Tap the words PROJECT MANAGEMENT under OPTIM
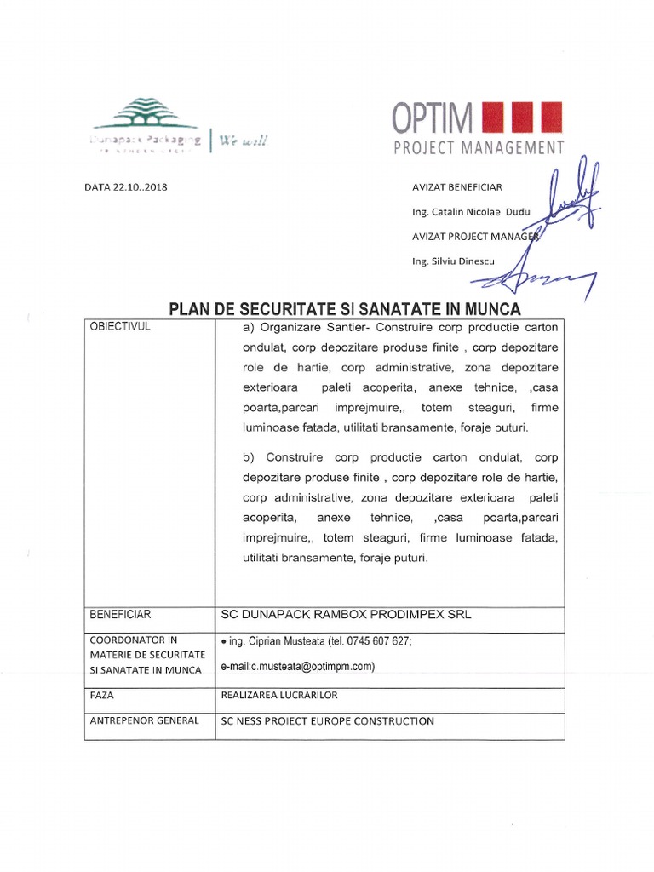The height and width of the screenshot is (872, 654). point(478,148)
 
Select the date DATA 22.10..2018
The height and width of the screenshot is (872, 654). point(126,187)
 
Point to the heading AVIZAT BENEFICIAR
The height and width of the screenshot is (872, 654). point(456,187)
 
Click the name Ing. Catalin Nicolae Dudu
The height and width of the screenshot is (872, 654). point(464,211)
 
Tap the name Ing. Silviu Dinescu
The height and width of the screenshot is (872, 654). point(452,261)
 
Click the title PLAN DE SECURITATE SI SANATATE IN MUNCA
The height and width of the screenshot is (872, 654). point(344,308)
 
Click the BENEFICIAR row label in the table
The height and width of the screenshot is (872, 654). point(120,614)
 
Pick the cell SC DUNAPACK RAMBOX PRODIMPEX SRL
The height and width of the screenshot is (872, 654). point(345,614)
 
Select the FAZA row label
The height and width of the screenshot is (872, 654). point(101,695)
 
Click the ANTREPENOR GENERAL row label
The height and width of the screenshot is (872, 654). point(144,720)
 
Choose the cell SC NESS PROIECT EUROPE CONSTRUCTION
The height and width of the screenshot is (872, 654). point(327,721)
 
